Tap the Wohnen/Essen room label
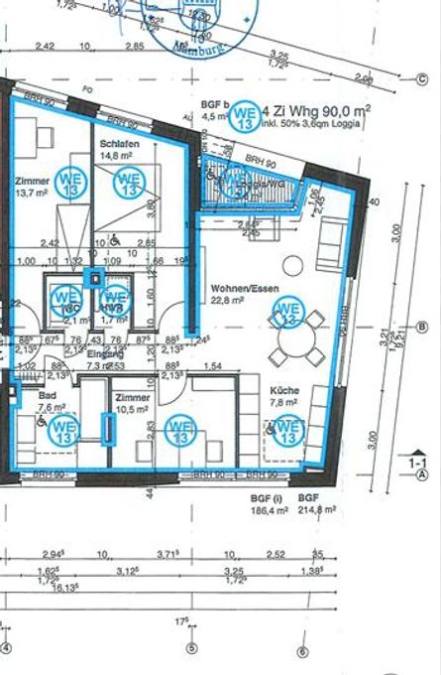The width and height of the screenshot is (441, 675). [244, 290]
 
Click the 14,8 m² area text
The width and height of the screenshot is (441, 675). [116, 155]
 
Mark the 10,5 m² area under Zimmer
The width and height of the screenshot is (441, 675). [132, 408]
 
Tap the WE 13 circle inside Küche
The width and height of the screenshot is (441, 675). [288, 429]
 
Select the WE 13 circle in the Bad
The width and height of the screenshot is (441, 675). [64, 429]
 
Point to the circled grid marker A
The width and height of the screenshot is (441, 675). [423, 474]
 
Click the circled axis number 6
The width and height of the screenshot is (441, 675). [301, 650]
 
